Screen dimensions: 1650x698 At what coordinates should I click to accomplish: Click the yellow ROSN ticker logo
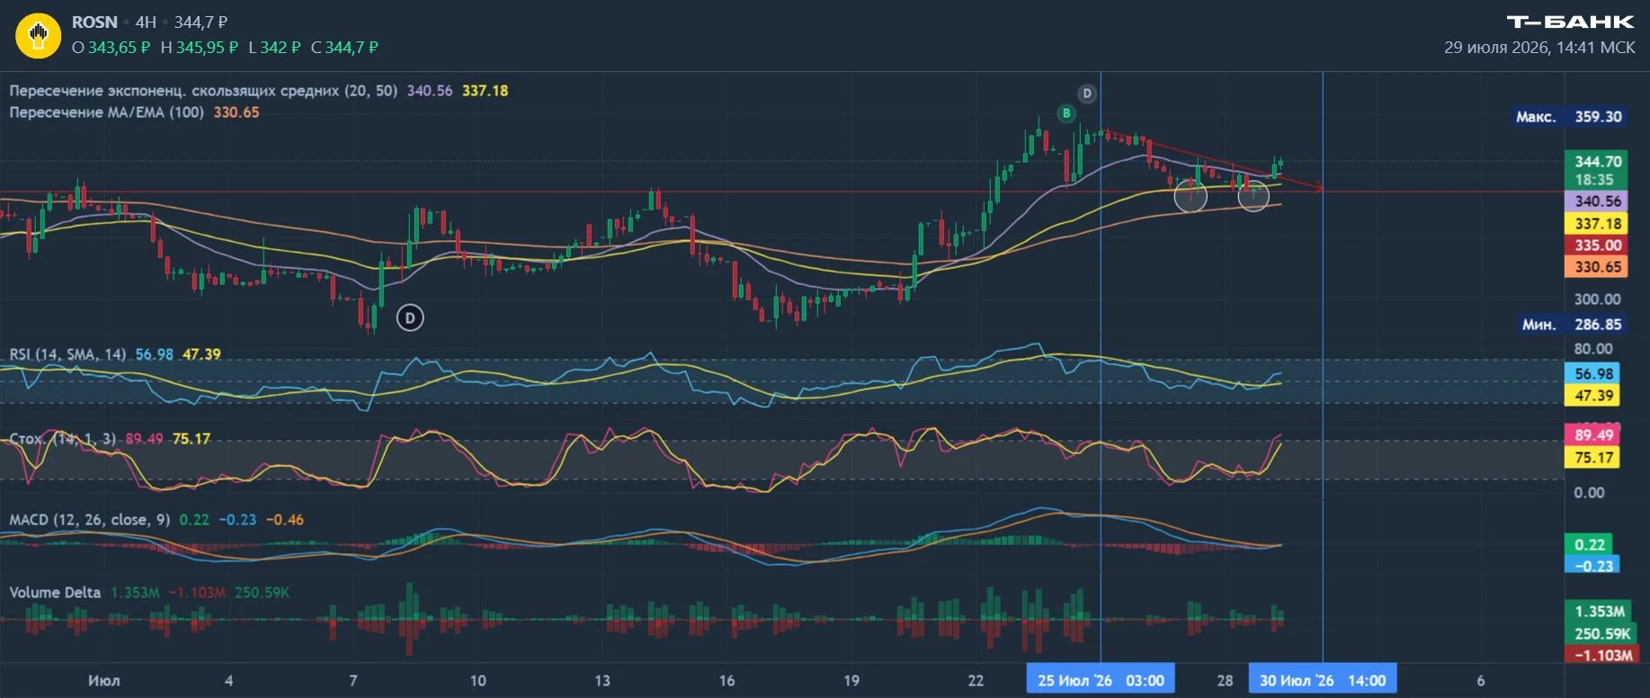point(38,35)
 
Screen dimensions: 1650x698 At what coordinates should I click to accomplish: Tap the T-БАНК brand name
point(1570,22)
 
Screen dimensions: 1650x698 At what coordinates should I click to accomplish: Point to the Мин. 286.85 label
point(1571,325)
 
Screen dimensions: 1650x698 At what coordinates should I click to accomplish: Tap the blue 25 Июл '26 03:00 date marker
point(1101,681)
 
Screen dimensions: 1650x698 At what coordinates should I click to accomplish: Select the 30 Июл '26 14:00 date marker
point(1323,681)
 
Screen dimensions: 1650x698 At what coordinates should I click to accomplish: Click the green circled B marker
point(1066,113)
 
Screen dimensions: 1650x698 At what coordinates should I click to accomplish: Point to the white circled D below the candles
point(410,318)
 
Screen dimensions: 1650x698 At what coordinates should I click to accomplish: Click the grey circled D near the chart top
point(1087,94)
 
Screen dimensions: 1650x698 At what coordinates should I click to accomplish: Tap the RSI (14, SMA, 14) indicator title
point(67,354)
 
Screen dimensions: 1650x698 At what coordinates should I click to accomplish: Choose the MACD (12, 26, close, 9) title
point(89,520)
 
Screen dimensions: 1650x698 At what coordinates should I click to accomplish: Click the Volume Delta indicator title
point(55,593)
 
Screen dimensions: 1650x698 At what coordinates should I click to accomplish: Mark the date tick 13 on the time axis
point(602,681)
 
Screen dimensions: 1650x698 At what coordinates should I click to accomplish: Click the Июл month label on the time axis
point(103,681)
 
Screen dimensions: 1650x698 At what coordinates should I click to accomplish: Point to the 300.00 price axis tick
point(1597,300)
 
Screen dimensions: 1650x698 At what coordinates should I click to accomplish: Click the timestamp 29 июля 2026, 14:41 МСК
point(1539,47)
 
